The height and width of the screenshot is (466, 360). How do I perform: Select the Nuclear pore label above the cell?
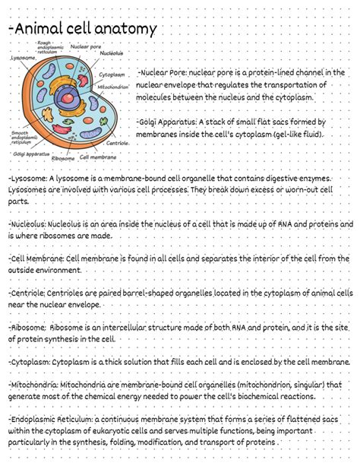[85, 47]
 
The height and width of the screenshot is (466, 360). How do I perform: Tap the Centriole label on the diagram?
[118, 143]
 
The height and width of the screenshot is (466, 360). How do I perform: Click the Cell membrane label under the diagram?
[98, 157]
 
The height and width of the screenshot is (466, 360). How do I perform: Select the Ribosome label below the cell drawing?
[63, 159]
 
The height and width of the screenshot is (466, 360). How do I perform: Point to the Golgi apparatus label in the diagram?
[26, 154]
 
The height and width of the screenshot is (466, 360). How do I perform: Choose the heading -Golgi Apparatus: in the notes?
[168, 122]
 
